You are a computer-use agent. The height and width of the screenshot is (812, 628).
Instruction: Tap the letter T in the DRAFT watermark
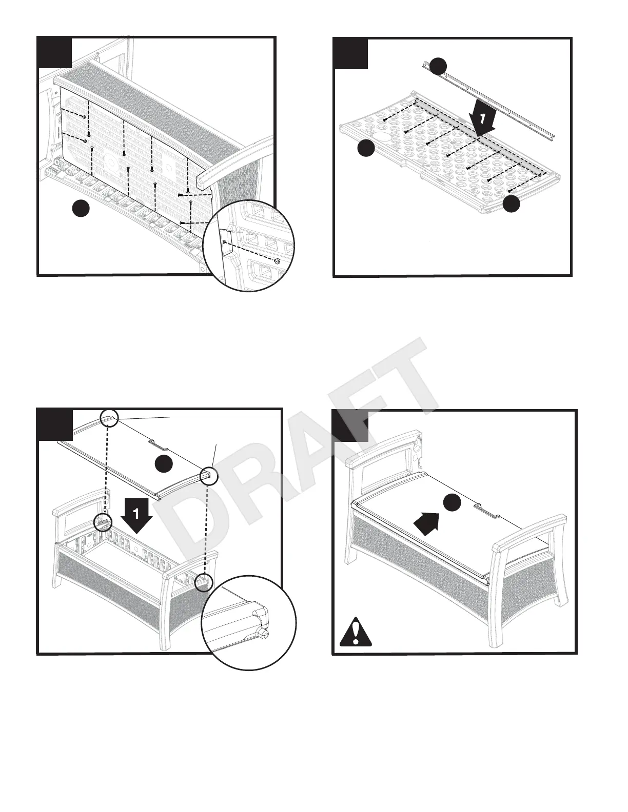(x=395, y=374)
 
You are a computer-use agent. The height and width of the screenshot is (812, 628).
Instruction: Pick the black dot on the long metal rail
(x=438, y=66)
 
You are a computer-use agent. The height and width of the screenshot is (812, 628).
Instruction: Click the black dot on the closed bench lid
(x=452, y=503)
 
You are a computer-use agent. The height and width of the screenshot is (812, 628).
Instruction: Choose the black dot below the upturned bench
(x=81, y=209)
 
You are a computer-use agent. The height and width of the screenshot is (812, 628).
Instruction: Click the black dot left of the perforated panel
(x=365, y=148)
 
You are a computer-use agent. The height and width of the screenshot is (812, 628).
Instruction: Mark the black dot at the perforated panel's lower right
(x=511, y=204)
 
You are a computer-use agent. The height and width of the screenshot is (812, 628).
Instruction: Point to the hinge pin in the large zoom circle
(x=265, y=634)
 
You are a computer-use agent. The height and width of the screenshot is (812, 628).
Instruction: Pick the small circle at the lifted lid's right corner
(x=209, y=475)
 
